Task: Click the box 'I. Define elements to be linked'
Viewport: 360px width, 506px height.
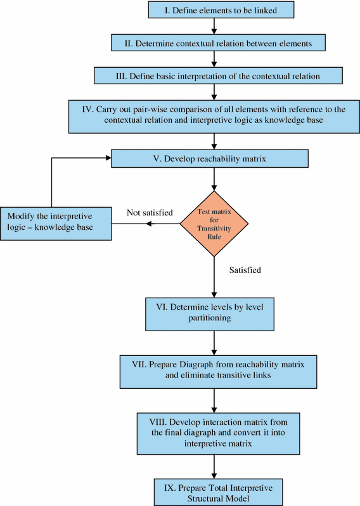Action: [x=215, y=9]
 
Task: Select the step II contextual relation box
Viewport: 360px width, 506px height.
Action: [x=219, y=42]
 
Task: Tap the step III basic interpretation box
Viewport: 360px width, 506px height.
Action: [x=219, y=75]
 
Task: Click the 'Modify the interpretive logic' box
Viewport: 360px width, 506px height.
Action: [x=56, y=222]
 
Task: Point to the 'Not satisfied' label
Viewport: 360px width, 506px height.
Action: [x=150, y=213]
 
